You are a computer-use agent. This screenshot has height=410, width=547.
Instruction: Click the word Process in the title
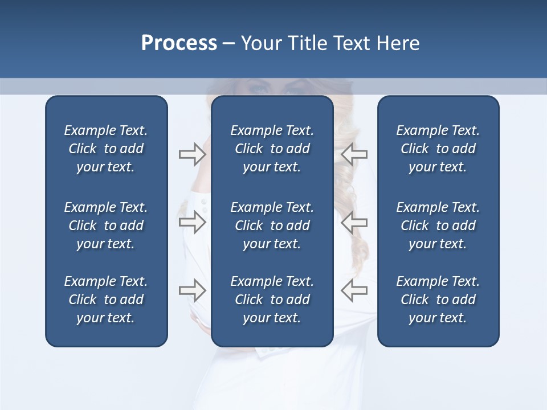pos(179,43)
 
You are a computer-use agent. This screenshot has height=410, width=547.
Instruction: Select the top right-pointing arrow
pos(193,154)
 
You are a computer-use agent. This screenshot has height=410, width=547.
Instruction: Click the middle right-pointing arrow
pos(193,222)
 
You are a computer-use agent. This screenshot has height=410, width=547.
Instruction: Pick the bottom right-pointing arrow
pos(193,290)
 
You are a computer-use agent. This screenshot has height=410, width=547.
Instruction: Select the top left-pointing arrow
pos(354,154)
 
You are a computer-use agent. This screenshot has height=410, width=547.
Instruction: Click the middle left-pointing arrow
pos(354,222)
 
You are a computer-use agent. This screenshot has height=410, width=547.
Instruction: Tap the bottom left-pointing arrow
pos(354,290)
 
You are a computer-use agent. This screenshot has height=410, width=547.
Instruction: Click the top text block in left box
pos(106,149)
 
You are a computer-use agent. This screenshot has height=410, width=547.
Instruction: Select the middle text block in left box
pos(106,225)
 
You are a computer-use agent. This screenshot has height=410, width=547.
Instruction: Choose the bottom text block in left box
pos(106,300)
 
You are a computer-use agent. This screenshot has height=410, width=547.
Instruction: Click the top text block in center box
pos(272,149)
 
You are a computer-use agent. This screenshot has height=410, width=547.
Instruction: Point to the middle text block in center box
pos(272,225)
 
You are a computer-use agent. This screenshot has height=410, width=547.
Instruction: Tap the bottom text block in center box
pos(272,300)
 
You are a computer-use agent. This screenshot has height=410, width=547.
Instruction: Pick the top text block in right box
pos(438,149)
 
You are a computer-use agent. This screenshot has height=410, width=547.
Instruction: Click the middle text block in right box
pos(438,225)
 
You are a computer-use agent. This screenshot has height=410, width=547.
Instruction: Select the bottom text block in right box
pos(438,300)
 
